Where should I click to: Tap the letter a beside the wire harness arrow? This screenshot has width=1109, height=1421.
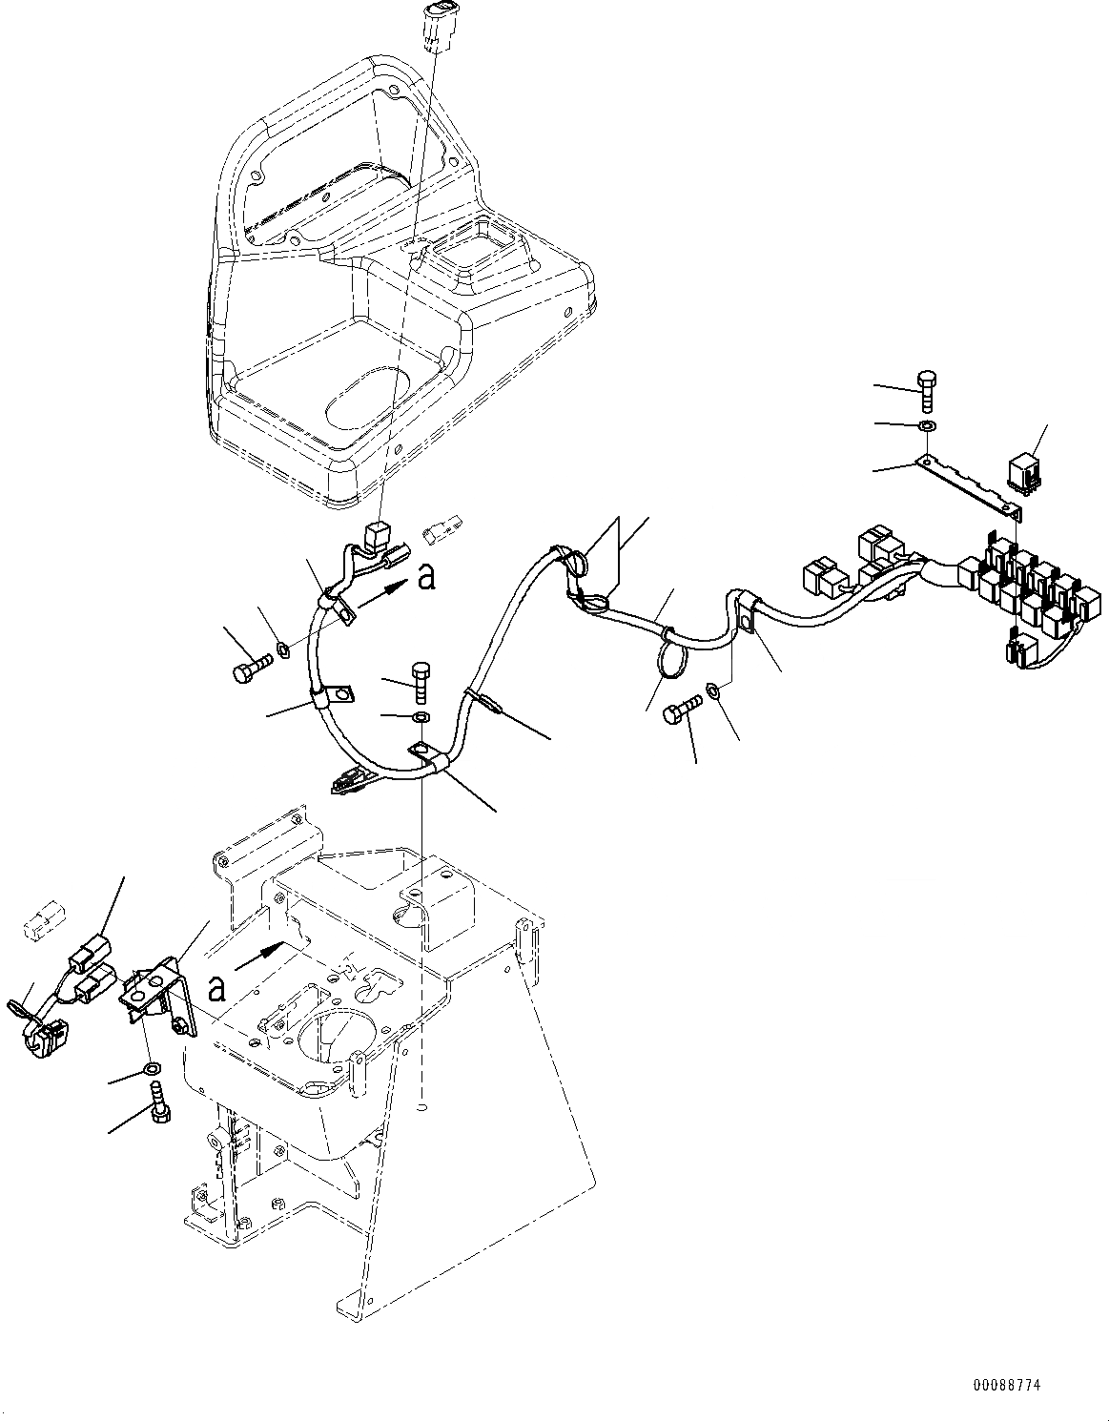426,576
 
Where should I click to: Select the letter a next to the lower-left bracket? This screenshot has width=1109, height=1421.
217,989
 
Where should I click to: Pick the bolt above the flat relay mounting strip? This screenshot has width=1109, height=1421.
927,388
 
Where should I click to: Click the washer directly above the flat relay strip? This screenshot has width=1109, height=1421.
926,425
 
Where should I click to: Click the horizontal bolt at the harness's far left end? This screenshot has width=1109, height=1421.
245,671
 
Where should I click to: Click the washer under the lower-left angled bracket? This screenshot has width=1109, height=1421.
150,1066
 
